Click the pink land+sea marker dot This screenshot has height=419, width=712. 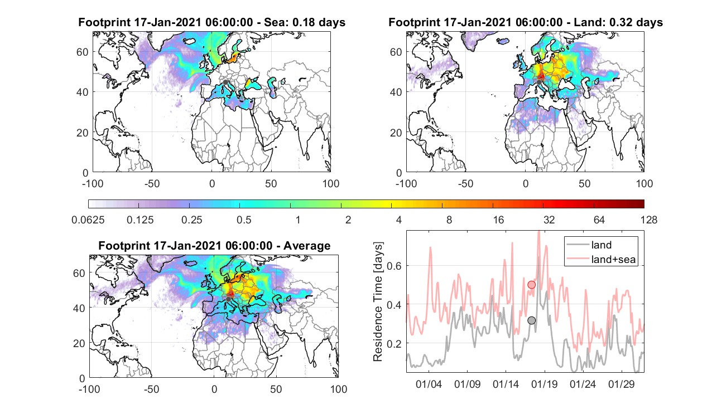(x=531, y=285)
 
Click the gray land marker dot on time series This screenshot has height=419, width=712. (x=531, y=320)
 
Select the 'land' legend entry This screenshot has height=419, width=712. (x=602, y=245)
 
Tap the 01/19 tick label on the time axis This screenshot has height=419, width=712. (x=545, y=384)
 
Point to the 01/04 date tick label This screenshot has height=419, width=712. (x=429, y=384)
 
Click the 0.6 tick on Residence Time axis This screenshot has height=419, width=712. (x=394, y=266)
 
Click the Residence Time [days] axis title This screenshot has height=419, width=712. (x=378, y=302)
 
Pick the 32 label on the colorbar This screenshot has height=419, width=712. (x=549, y=220)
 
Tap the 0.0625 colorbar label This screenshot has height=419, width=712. (x=88, y=220)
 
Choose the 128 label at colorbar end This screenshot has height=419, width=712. (x=649, y=220)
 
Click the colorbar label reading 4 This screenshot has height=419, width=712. (x=398, y=220)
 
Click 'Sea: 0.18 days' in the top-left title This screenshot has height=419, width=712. (x=305, y=22)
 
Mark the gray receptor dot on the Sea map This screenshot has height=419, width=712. (x=225, y=82)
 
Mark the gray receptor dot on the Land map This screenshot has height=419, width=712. (x=539, y=82)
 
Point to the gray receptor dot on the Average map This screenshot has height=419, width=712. (x=228, y=299)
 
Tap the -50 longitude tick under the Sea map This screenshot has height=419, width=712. (x=152, y=183)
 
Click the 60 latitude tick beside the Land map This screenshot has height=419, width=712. (x=396, y=52)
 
